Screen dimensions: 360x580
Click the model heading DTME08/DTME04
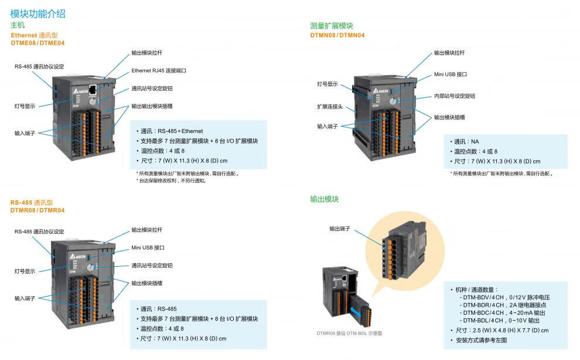pos(37,43)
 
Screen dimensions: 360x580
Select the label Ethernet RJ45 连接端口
pos(158,70)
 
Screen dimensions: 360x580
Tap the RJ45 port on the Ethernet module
pos(93,89)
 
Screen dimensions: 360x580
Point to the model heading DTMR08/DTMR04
pos(37,210)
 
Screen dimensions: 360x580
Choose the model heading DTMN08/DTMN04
pos(337,35)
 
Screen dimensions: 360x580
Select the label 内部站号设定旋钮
pos(454,96)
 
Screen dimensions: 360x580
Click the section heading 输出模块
pos(325,199)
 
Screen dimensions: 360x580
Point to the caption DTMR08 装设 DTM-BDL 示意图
pos(349,333)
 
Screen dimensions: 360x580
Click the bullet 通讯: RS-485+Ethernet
pos(172,131)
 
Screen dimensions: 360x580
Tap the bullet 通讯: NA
pos(467,142)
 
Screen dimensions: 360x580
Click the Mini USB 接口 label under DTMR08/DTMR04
pos(148,247)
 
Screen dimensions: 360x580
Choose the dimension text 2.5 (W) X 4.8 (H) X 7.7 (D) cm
pos(501,330)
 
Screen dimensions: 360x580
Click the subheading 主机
pos(18,25)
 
